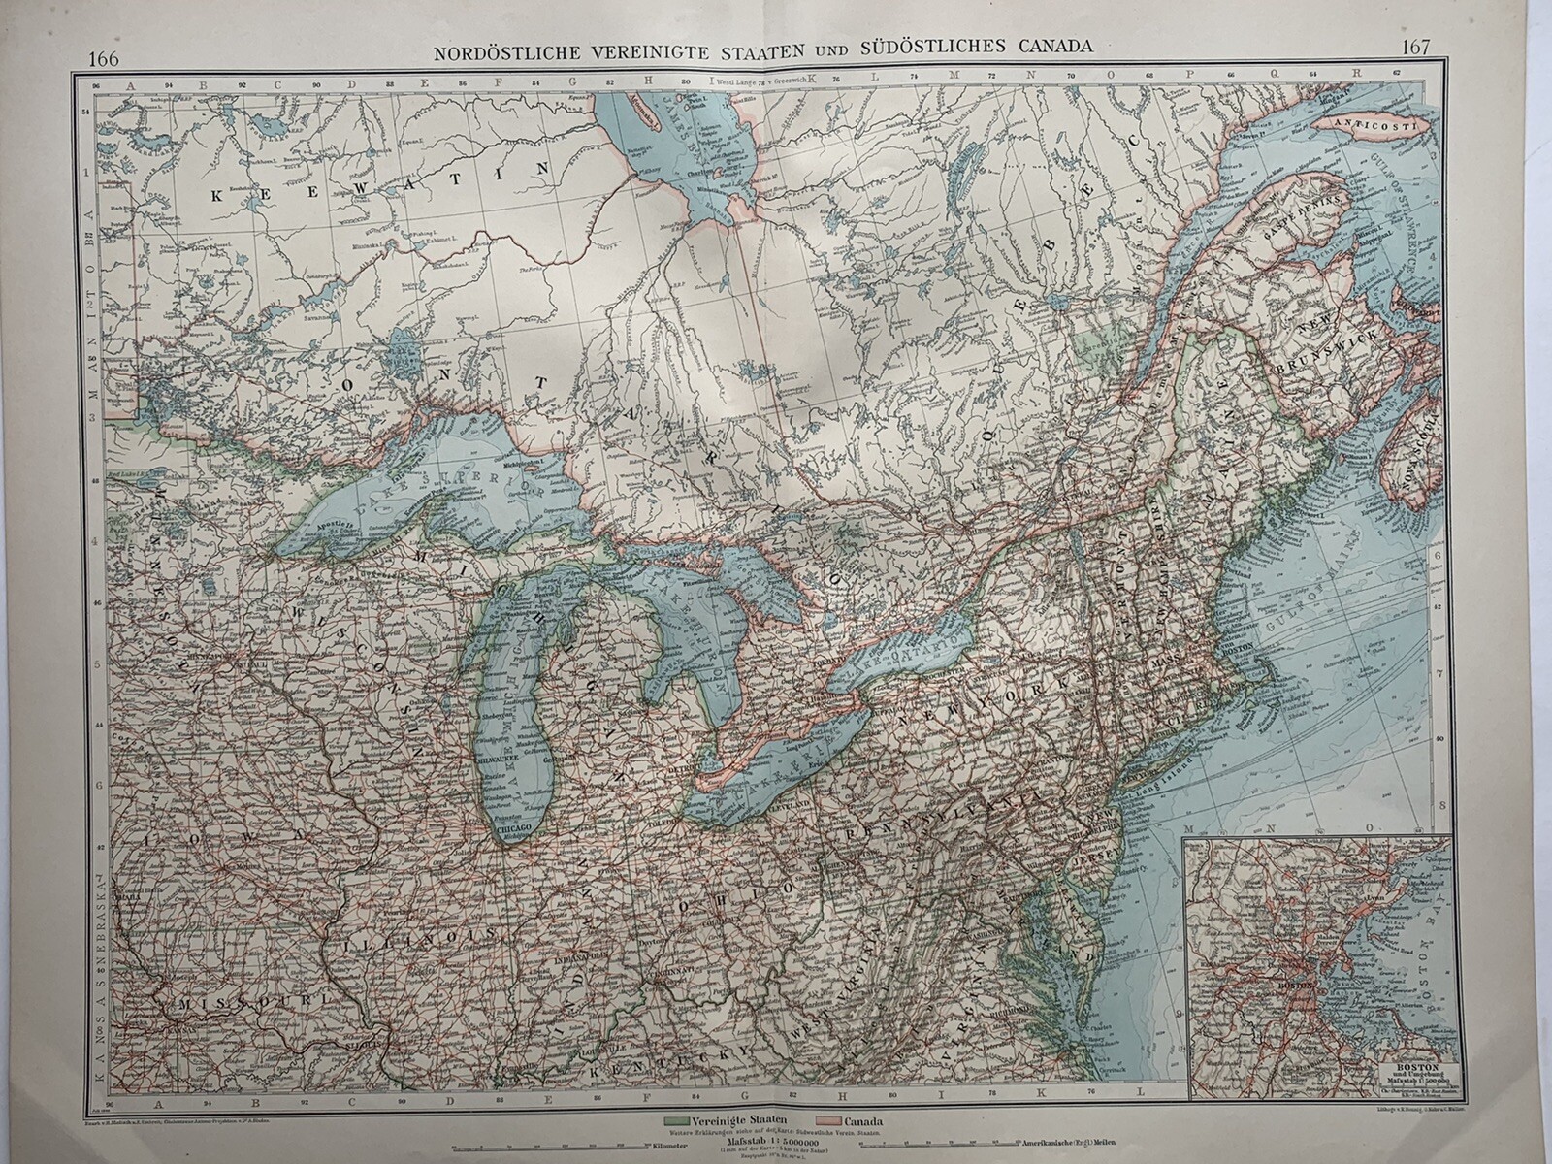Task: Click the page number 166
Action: pyautogui.click(x=103, y=57)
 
